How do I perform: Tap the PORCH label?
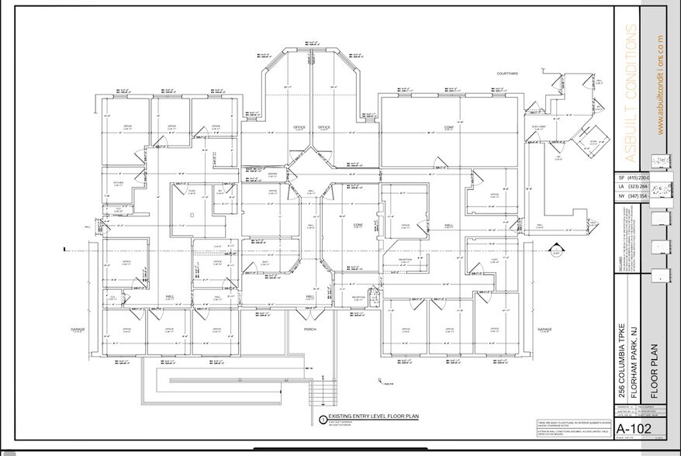(x=310, y=329)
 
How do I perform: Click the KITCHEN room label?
(x=119, y=183)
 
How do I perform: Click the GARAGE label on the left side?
(x=78, y=329)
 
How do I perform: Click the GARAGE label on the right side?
(x=545, y=329)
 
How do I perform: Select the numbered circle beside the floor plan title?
(x=323, y=419)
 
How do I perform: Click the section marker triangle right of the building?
(x=555, y=250)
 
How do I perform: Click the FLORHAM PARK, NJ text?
(x=634, y=361)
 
